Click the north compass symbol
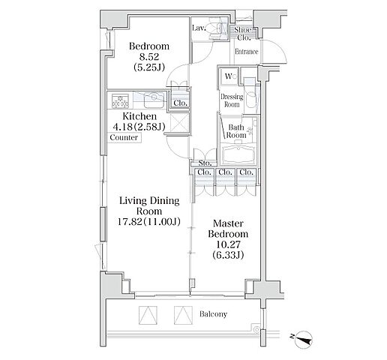304,340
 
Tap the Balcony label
213,313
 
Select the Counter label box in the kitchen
124,137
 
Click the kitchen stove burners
120,100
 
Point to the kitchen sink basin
154,100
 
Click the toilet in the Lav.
217,28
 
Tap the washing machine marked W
229,76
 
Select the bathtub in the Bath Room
238,153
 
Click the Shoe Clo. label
243,34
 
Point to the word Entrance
247,52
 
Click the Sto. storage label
205,163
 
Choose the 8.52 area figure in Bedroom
149,57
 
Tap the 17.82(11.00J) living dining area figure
149,222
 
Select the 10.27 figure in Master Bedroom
228,244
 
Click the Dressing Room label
232,100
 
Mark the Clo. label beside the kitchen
180,103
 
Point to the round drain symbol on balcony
256,330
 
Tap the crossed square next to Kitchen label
179,123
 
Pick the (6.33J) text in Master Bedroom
228,255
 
